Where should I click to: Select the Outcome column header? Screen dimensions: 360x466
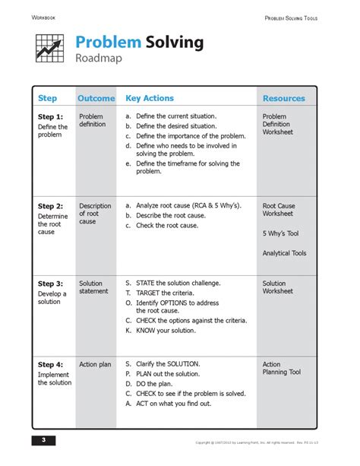[x=96, y=99]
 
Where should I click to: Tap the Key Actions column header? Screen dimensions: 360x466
[x=150, y=99]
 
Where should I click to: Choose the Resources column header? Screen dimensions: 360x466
[x=283, y=99]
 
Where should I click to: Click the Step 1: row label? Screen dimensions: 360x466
[x=51, y=116]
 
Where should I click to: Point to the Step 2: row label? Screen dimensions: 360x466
[x=51, y=206]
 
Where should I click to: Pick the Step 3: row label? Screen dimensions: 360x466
[x=51, y=284]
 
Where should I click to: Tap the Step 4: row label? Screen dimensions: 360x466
[x=51, y=365]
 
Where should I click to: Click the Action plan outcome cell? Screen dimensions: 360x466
[x=95, y=365]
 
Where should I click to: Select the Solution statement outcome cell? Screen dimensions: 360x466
[x=93, y=288]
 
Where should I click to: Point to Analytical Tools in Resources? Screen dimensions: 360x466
[x=284, y=253]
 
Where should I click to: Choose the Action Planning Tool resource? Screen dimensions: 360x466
[x=281, y=369]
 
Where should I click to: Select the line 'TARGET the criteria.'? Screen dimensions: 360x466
[x=165, y=293]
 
